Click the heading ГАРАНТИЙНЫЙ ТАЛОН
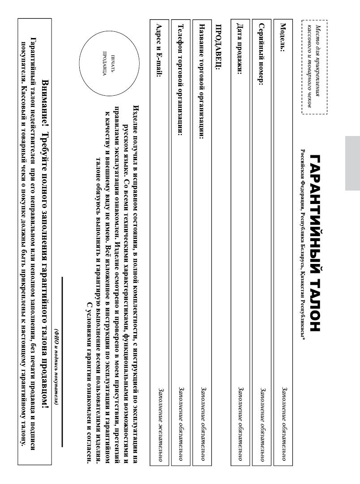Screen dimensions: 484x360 pyautogui.click(x=315, y=244)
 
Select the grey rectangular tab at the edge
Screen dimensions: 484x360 pyautogui.click(x=352, y=164)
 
